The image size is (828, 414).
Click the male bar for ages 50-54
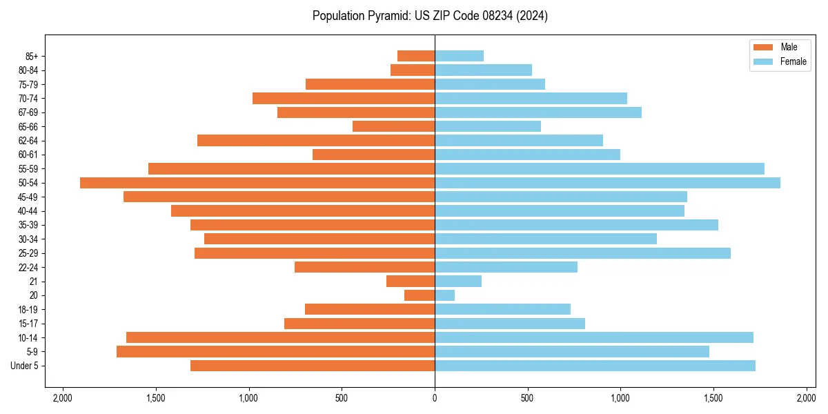pyautogui.click(x=257, y=183)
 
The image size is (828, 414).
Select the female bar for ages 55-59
pyautogui.click(x=600, y=168)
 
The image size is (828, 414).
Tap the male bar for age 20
pyautogui.click(x=420, y=295)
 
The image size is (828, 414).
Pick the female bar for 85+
pyautogui.click(x=459, y=56)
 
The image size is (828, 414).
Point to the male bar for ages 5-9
pyautogui.click(x=276, y=351)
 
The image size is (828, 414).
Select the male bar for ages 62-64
pyautogui.click(x=316, y=140)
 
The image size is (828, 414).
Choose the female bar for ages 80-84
pyautogui.click(x=483, y=70)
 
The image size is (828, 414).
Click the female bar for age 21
pyautogui.click(x=458, y=281)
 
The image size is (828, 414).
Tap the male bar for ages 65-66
pyautogui.click(x=393, y=126)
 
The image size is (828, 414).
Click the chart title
pyautogui.click(x=430, y=16)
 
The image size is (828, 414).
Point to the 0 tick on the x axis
pyautogui.click(x=435, y=398)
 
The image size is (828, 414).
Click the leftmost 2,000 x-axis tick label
pyautogui.click(x=63, y=398)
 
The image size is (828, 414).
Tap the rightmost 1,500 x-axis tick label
pyautogui.click(x=713, y=398)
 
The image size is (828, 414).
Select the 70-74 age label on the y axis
pyautogui.click(x=28, y=98)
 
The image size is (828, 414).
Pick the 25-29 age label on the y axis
pyautogui.click(x=28, y=253)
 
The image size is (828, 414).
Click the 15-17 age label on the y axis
pyautogui.click(x=28, y=324)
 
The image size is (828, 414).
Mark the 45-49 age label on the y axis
pyautogui.click(x=28, y=197)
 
